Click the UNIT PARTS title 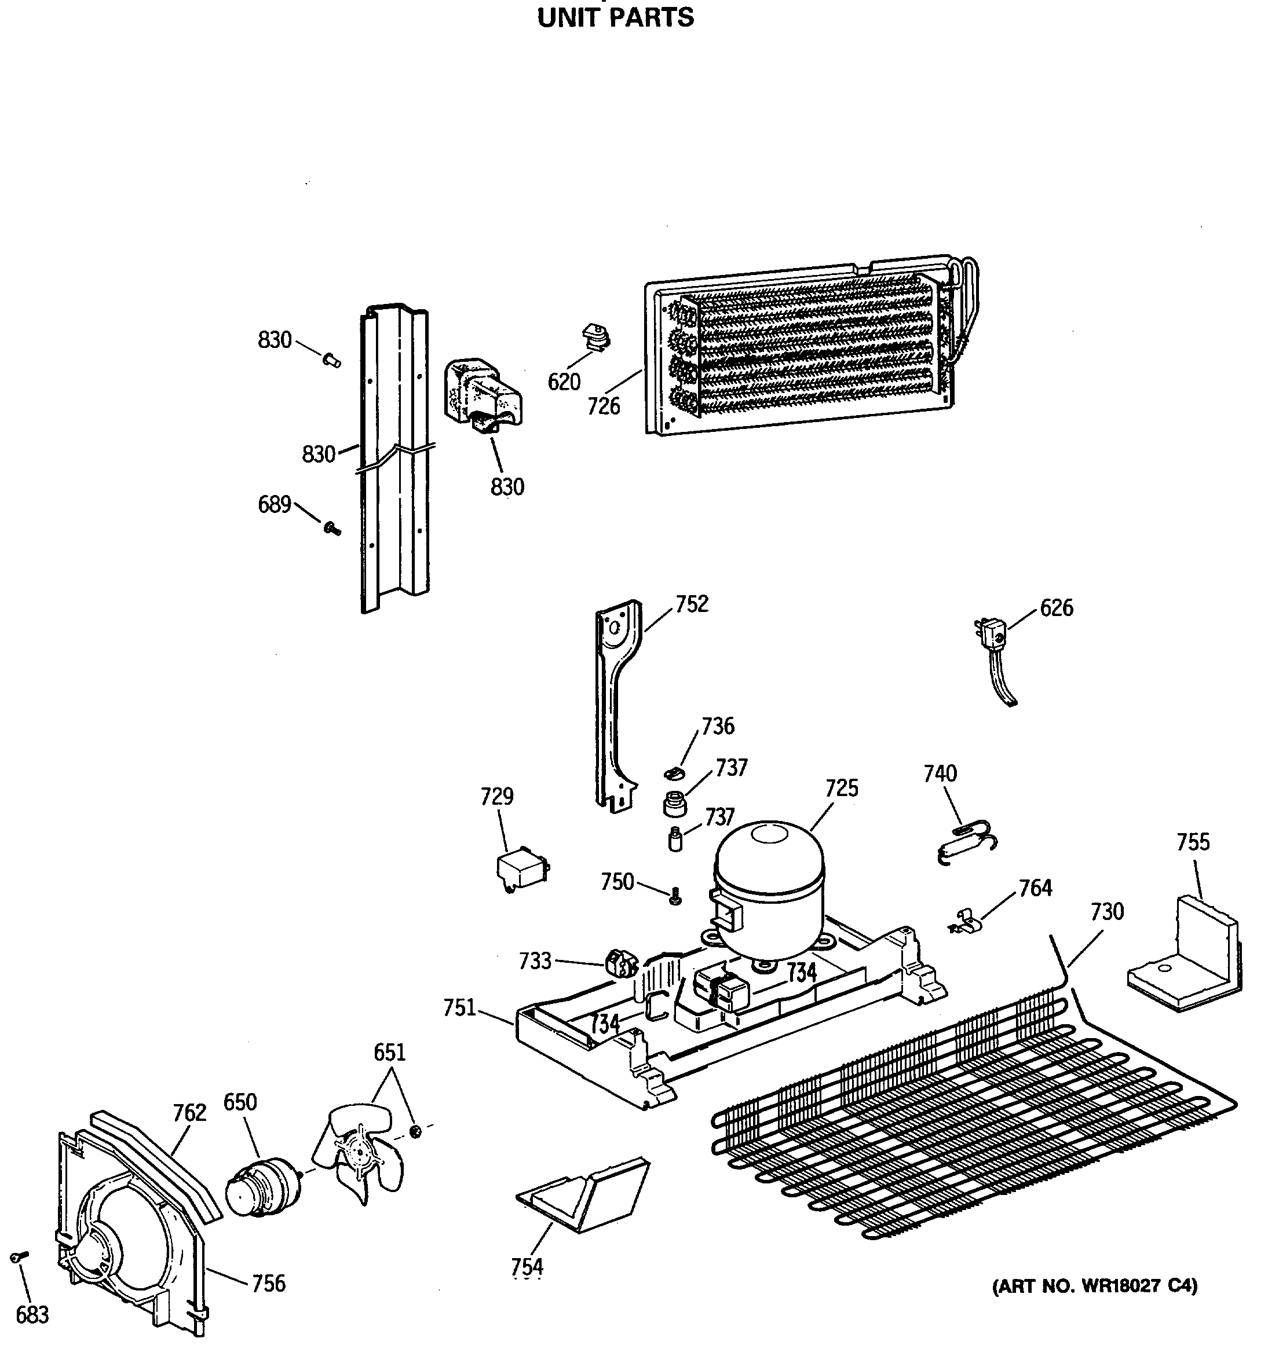point(615,18)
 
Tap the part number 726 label point(604,406)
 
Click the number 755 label point(1193,842)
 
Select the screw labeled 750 point(675,896)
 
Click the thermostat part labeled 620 point(596,338)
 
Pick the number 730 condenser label point(1106,912)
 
